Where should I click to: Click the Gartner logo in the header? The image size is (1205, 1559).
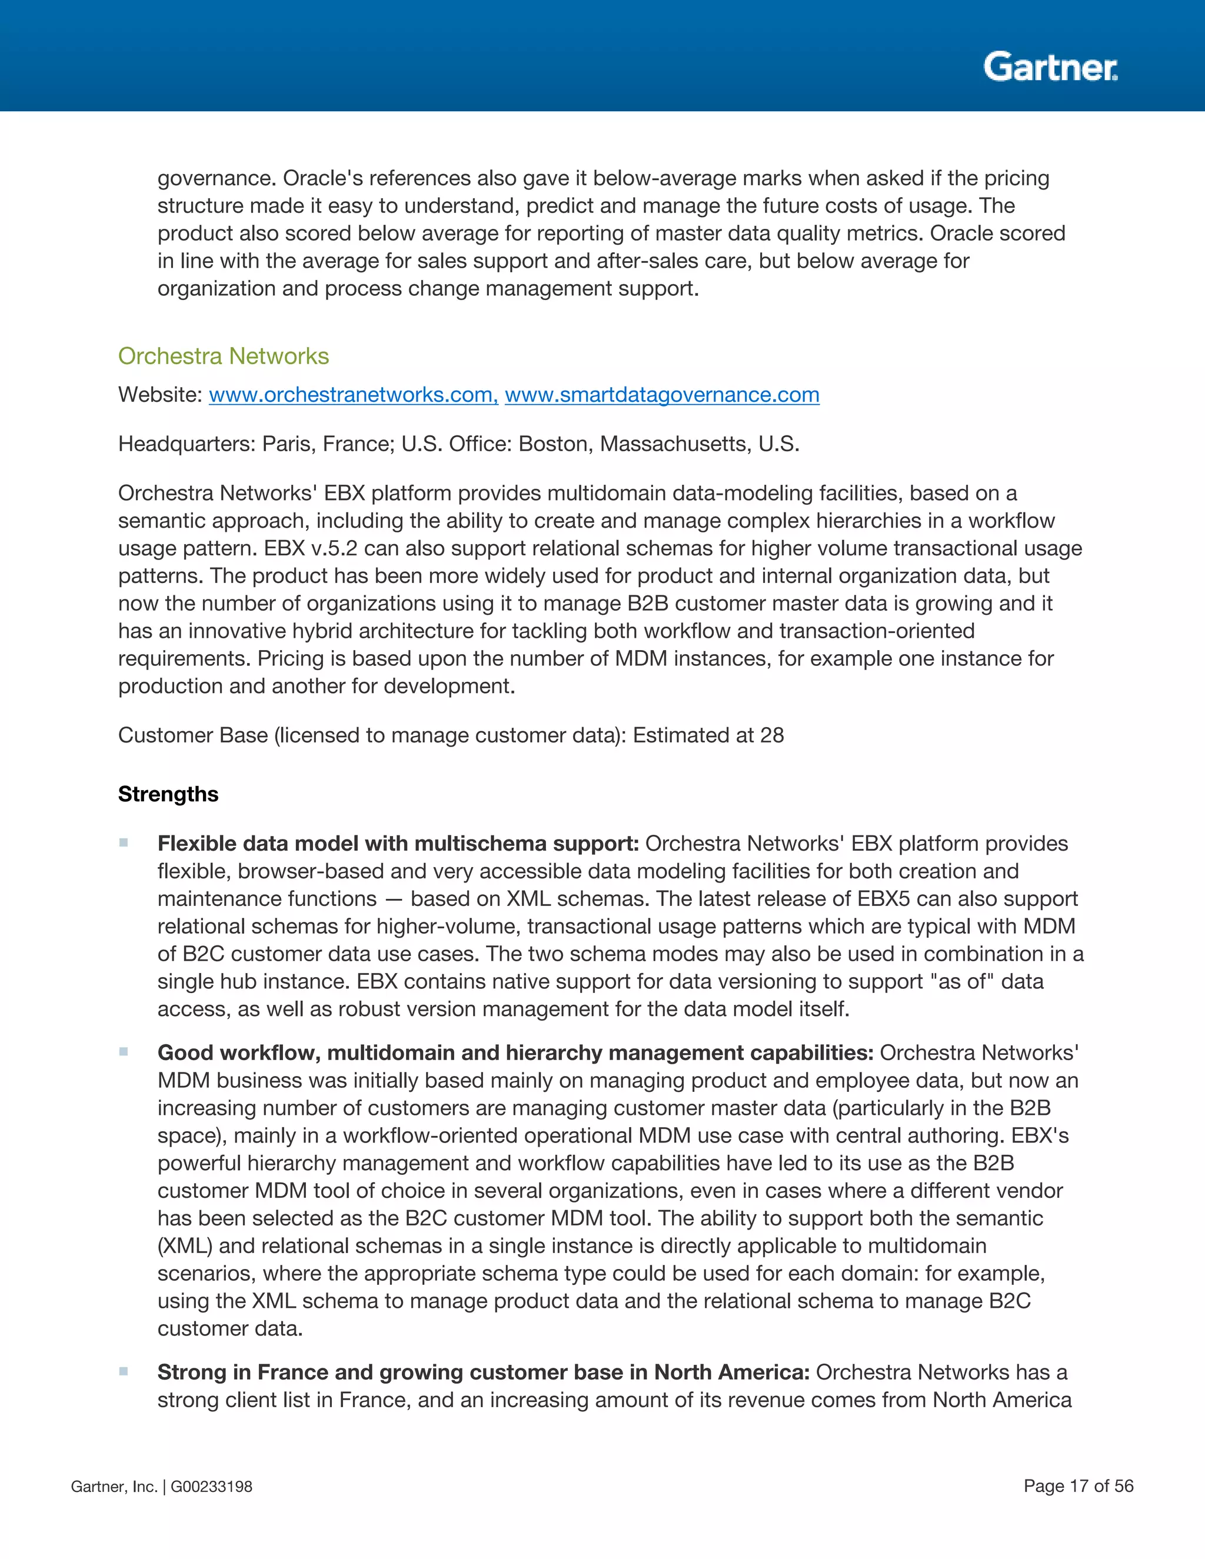coord(1050,67)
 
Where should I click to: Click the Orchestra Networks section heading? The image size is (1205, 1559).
coord(224,355)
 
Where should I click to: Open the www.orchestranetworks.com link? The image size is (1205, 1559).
coord(352,395)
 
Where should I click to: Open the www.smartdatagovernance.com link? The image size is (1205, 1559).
coord(662,395)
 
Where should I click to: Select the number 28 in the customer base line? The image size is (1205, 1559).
coord(772,735)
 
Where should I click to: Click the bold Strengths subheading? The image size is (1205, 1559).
coord(168,794)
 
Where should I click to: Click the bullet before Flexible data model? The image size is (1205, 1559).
coord(124,843)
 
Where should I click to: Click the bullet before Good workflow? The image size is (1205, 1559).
coord(124,1051)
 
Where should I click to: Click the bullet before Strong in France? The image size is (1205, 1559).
coord(124,1371)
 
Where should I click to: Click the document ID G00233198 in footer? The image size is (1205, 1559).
coord(211,1487)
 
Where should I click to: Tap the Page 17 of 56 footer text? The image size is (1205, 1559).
coord(1078,1486)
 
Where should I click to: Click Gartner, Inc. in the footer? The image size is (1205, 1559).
coord(114,1487)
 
